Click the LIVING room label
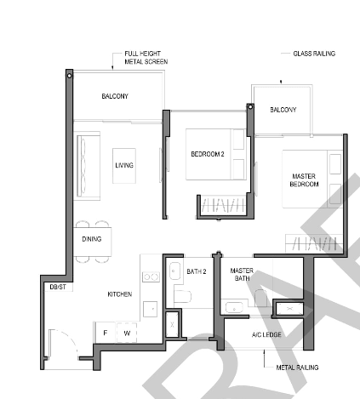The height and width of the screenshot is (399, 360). click(x=124, y=165)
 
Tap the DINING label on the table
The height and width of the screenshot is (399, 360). click(x=92, y=239)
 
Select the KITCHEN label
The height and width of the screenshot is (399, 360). click(x=120, y=294)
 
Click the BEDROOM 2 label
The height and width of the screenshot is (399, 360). click(x=208, y=154)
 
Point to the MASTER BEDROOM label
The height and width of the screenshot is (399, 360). click(x=304, y=180)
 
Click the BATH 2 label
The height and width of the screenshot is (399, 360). click(x=197, y=271)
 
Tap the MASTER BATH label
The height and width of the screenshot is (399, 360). click(x=242, y=275)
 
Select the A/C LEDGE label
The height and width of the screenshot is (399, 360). click(x=266, y=334)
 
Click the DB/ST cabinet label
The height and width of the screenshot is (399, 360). click(x=58, y=287)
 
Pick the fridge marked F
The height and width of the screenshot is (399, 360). click(x=106, y=333)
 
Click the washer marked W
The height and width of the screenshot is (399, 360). click(x=127, y=333)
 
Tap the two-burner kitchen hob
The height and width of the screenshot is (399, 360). click(x=151, y=276)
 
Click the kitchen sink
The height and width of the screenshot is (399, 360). click(x=150, y=309)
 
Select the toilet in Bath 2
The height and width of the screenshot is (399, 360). click(x=182, y=296)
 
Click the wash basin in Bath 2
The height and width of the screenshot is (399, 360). click(x=174, y=271)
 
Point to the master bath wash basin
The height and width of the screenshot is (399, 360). click(x=234, y=308)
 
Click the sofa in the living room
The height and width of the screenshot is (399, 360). click(x=89, y=166)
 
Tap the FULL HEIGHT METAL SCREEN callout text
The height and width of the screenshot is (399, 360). click(x=146, y=58)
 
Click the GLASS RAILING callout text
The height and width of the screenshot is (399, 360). click(x=314, y=54)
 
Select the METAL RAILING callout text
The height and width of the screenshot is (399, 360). click(x=297, y=368)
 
